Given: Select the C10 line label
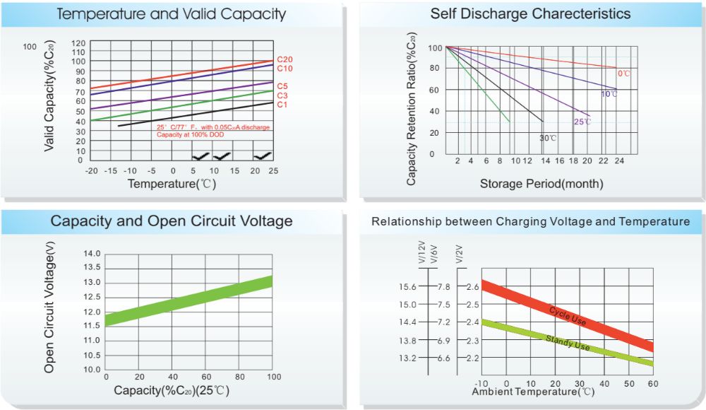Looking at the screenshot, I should pos(285,69).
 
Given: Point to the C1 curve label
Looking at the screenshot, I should pos(282,105).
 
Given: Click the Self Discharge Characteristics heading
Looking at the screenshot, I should pos(530,13).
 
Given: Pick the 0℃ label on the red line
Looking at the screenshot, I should pos(624,73).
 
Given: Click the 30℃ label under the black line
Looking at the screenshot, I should pos(548,137).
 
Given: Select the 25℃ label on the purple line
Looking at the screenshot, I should pos(582,122).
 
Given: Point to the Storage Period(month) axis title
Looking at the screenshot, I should pos(542,184).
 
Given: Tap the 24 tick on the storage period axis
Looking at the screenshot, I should pos(618,162).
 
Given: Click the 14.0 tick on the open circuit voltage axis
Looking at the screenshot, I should pos(92,253).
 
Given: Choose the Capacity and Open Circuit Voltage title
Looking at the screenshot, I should pos(171,221).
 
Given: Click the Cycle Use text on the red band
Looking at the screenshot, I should pos(568,315).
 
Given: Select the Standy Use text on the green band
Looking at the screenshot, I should pos(568,343).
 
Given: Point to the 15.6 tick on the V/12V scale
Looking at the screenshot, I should pos(407,286).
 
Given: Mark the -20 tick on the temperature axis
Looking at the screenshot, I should pos(91,171).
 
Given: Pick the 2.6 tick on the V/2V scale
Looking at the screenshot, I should pos(472,286).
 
